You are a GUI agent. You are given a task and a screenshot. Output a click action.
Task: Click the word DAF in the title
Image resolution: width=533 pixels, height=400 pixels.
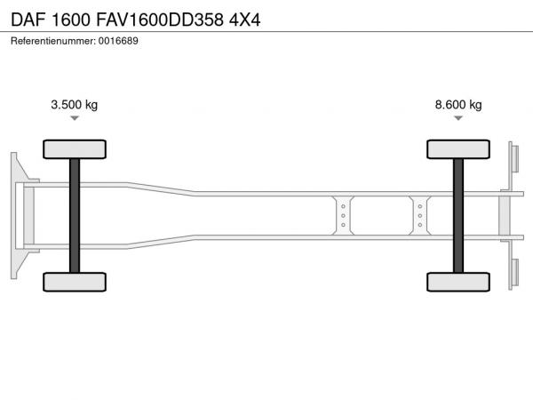[x=28, y=20]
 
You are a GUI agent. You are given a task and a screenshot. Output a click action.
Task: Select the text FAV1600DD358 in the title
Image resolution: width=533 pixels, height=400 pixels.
[x=160, y=20]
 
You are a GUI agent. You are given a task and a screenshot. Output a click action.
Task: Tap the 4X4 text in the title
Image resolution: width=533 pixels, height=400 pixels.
[x=245, y=20]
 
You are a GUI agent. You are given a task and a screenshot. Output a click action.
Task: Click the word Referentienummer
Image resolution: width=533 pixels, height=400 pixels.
[x=53, y=41]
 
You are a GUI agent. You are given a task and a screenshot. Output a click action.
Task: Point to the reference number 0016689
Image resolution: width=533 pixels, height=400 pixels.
[x=118, y=41]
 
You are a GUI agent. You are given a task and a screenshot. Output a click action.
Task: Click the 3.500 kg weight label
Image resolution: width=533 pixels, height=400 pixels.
[x=74, y=104]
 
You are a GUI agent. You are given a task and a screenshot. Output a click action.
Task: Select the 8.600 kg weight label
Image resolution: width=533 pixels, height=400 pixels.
[x=458, y=104]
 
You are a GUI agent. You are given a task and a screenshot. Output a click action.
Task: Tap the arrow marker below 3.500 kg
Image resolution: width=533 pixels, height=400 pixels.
[x=75, y=118]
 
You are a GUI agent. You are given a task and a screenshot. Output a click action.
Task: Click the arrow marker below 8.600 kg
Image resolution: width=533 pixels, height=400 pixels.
[x=458, y=118]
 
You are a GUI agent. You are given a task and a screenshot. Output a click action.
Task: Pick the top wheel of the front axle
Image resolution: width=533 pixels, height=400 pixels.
[x=75, y=149]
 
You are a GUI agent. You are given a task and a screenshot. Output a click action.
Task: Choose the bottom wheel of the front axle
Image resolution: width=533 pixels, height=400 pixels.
[x=75, y=282]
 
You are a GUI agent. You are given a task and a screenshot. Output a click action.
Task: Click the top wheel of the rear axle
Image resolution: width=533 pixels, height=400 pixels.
[x=458, y=149]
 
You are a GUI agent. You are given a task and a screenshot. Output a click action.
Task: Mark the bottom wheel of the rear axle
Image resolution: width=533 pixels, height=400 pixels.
[x=458, y=282]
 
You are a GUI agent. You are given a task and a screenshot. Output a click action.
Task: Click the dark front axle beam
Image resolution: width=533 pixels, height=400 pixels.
[x=75, y=216]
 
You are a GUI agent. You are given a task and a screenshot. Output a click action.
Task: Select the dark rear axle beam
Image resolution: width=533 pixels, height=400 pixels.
[x=458, y=216]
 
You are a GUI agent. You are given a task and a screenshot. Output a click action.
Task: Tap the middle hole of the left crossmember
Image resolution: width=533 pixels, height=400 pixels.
[x=343, y=216]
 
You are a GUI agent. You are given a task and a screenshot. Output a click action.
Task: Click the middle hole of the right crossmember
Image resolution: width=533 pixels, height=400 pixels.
[x=420, y=216]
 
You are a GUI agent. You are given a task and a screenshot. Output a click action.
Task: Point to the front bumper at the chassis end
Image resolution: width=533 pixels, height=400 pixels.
[x=20, y=216]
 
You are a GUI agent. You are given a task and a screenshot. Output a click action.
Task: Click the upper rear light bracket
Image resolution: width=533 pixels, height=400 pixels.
[x=513, y=158]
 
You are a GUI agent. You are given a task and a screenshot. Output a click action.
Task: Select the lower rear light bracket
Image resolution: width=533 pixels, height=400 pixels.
[x=513, y=274]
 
